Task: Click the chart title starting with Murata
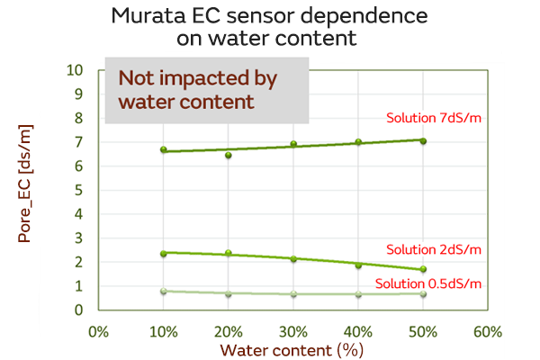tap(270, 27)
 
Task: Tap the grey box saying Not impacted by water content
tap(207, 89)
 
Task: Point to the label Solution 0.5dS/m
tap(428, 283)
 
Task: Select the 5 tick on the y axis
tap(80, 190)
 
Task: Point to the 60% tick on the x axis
tap(487, 330)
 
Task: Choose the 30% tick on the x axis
tap(293, 330)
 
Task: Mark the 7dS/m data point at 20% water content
tap(229, 155)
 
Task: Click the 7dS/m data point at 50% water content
tap(423, 141)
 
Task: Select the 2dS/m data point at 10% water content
tap(164, 254)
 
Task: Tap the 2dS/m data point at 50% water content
tap(423, 269)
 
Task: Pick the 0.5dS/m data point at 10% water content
tap(164, 292)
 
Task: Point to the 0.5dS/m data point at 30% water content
tap(293, 294)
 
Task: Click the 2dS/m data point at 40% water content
tap(358, 265)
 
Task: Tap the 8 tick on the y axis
tap(80, 118)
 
